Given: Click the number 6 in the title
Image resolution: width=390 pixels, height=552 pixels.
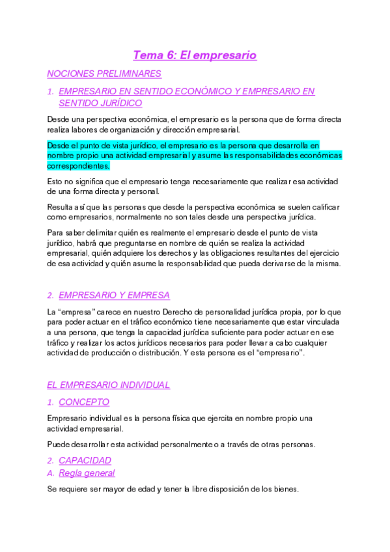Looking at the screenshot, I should (171, 55).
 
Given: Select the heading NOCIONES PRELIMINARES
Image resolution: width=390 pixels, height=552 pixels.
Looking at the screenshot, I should (104, 74).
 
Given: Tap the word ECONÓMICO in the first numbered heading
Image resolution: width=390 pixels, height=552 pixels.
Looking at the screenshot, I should (195, 92).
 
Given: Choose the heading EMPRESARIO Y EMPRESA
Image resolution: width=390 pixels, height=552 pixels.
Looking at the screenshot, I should (114, 295).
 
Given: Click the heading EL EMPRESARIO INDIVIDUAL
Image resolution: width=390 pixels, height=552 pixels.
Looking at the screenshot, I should (109, 385).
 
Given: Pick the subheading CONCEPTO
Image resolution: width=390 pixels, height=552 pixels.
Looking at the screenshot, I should (84, 402).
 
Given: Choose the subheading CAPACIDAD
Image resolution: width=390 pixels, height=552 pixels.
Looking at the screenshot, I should (85, 460).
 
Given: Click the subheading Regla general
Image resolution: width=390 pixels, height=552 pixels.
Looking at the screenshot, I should (87, 473).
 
